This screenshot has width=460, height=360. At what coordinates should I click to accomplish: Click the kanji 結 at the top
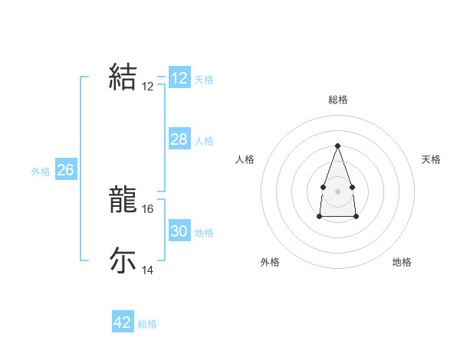(x=123, y=77)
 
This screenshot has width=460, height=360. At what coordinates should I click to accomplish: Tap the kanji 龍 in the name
(x=123, y=201)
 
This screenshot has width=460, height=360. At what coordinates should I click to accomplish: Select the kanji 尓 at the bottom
(x=123, y=260)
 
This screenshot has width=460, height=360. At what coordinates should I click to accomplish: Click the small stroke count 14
(x=148, y=270)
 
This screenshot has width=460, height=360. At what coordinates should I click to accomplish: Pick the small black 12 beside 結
(x=148, y=87)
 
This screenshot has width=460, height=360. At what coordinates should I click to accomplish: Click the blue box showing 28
(x=179, y=139)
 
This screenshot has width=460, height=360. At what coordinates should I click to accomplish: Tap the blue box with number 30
(x=179, y=231)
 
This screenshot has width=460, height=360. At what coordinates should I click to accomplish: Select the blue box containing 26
(x=65, y=170)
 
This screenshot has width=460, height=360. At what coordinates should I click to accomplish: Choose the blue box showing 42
(x=123, y=322)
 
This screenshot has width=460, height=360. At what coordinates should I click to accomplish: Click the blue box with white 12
(x=179, y=78)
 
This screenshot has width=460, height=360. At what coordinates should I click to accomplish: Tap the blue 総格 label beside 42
(x=147, y=324)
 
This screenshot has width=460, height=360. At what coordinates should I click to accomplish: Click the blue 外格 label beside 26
(x=41, y=172)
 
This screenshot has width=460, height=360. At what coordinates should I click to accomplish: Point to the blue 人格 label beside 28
(x=205, y=141)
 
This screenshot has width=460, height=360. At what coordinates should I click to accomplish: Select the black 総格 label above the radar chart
(x=337, y=100)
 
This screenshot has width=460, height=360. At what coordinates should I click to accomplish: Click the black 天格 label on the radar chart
(x=432, y=159)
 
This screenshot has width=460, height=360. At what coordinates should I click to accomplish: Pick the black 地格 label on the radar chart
(x=402, y=262)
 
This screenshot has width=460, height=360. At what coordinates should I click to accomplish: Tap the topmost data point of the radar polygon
(x=337, y=146)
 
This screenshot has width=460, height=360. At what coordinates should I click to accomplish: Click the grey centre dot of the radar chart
(x=337, y=191)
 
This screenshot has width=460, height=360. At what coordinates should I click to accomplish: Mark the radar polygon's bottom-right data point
(x=356, y=217)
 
